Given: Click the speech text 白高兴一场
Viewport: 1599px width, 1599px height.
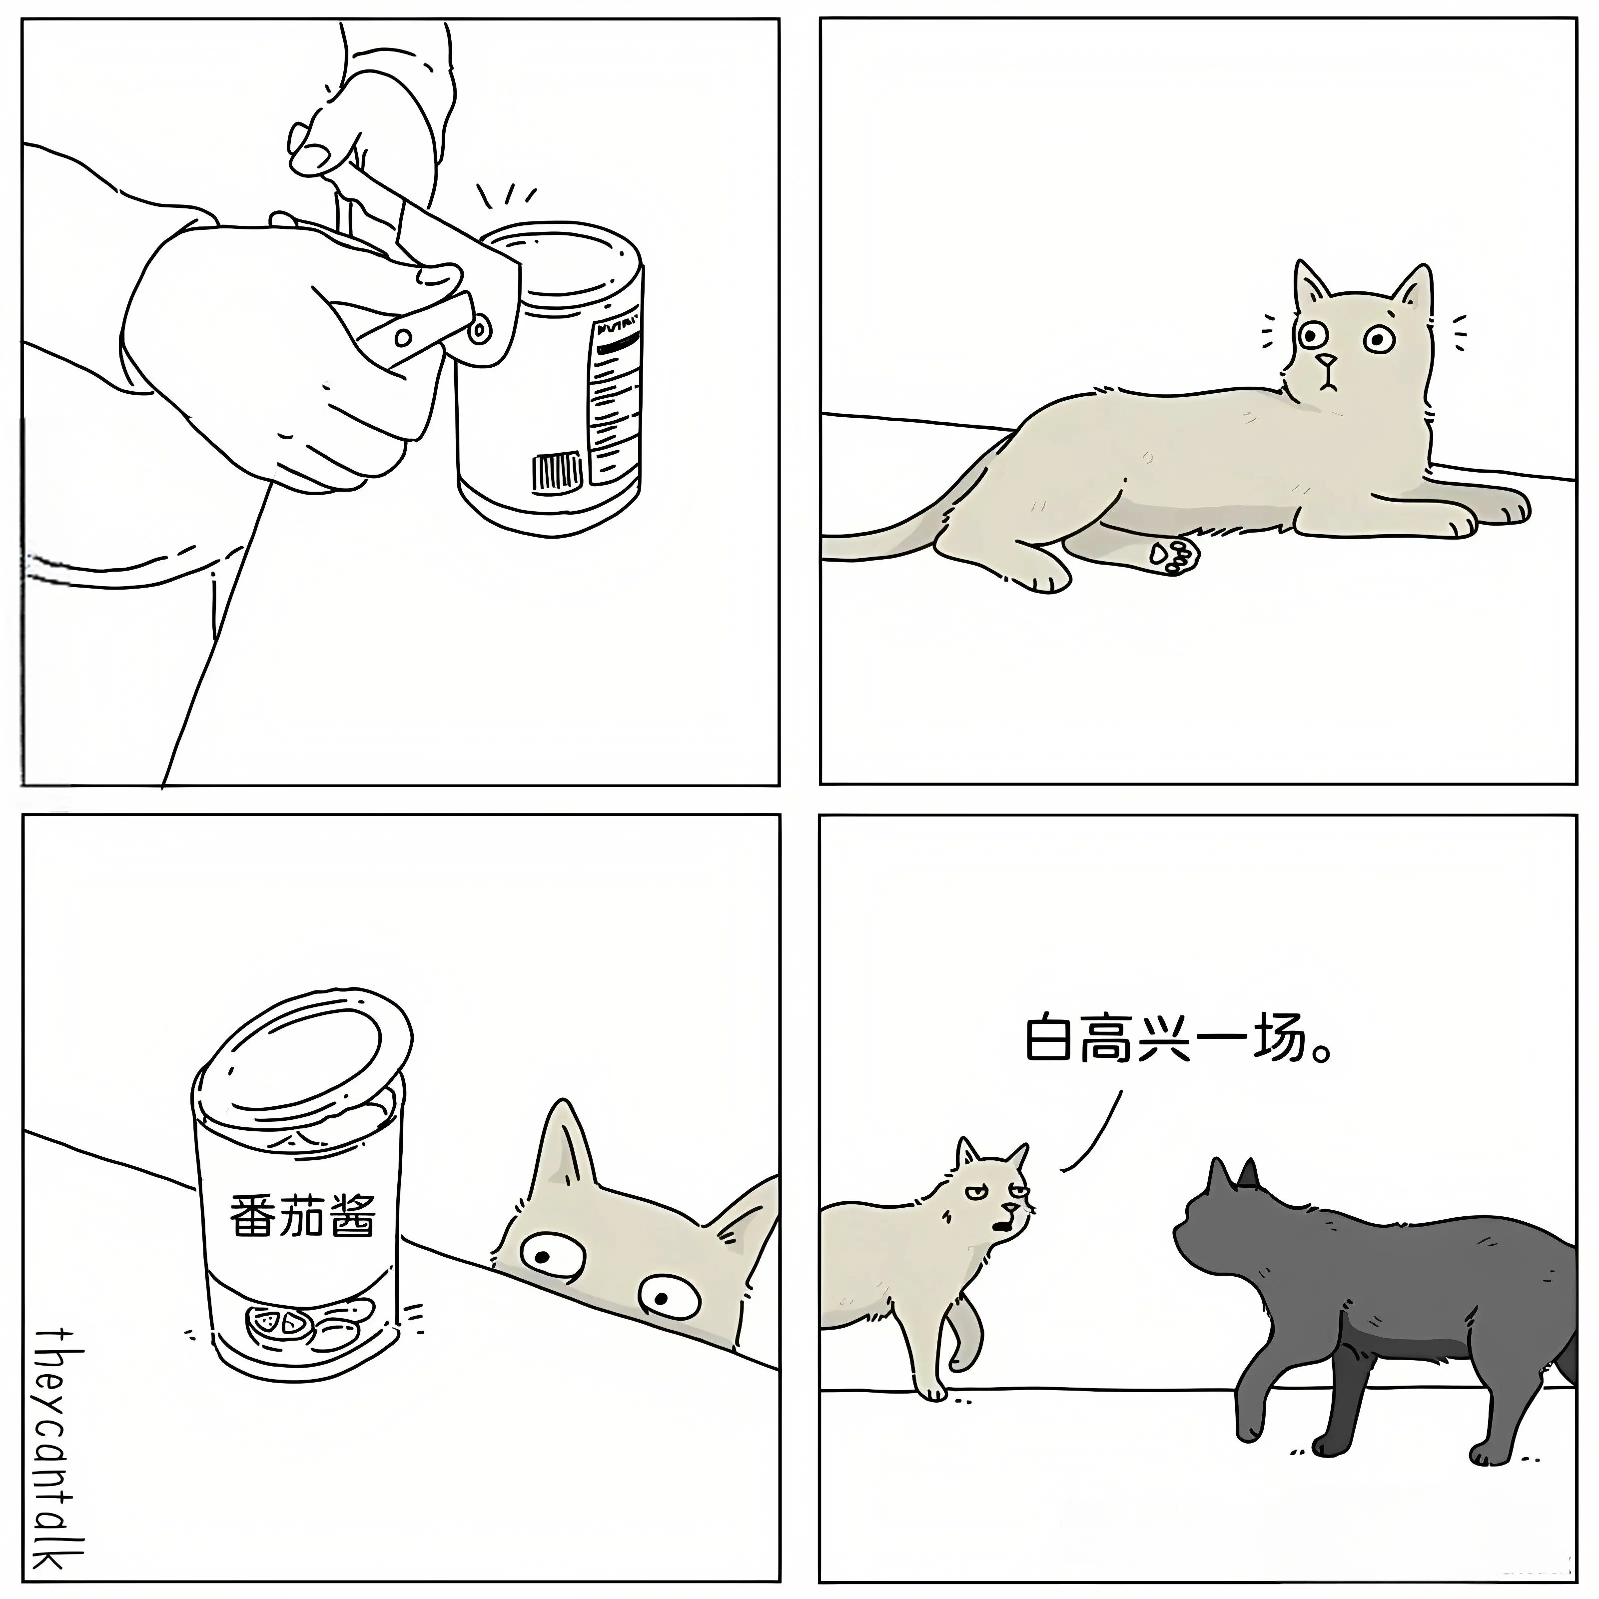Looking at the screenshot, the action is pyautogui.click(x=1179, y=1039).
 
